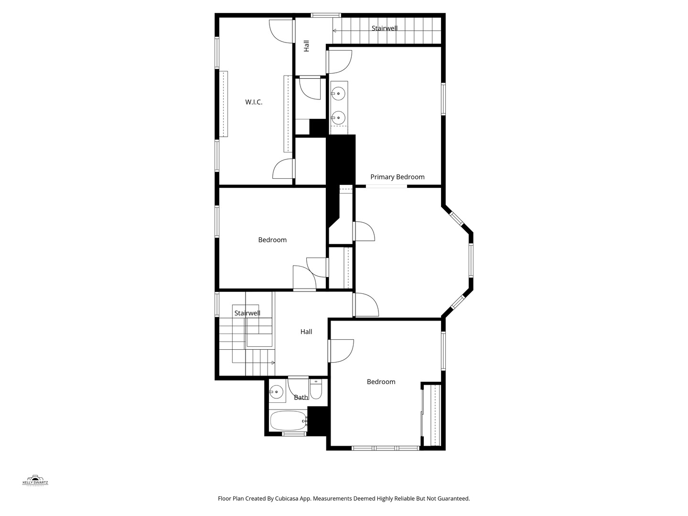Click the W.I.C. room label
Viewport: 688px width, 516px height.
(x=254, y=102)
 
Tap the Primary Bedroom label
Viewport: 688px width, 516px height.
(x=397, y=177)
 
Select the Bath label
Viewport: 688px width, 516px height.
(x=301, y=398)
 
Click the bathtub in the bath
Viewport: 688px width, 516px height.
(x=288, y=421)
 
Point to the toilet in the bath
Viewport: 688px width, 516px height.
(x=316, y=389)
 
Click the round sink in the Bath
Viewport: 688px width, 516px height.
(x=276, y=393)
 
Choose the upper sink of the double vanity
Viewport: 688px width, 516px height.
(x=339, y=94)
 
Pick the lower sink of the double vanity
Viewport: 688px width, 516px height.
(x=338, y=117)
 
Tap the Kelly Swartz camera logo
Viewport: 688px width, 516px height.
(x=35, y=480)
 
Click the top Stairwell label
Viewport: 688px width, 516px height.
(x=385, y=28)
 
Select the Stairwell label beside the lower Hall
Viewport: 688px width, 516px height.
(x=247, y=313)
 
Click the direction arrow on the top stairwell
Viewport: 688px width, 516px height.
(x=334, y=31)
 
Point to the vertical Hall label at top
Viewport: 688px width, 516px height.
(x=306, y=46)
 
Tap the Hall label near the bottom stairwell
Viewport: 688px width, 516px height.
(x=306, y=332)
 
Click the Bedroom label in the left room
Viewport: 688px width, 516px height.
(x=272, y=240)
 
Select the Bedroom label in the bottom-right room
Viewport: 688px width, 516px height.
(x=381, y=382)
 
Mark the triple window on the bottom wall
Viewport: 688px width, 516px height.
(x=386, y=448)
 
